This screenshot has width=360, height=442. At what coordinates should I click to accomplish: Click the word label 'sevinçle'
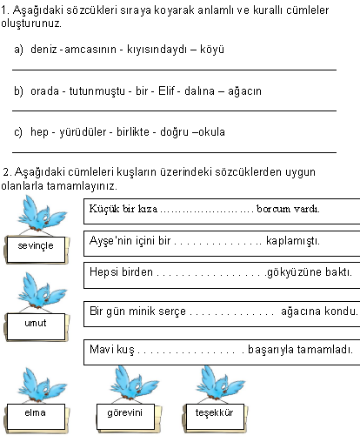click(x=36, y=246)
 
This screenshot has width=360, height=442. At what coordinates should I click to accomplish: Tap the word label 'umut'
click(x=36, y=323)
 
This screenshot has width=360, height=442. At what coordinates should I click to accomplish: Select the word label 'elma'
click(x=35, y=412)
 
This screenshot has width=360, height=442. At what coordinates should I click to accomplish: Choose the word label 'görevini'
click(x=124, y=412)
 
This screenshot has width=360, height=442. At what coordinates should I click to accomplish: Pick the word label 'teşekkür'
click(x=211, y=412)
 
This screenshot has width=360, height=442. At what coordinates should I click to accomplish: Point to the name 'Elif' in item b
click(x=168, y=90)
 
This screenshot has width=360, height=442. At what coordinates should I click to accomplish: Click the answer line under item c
click(x=174, y=152)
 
